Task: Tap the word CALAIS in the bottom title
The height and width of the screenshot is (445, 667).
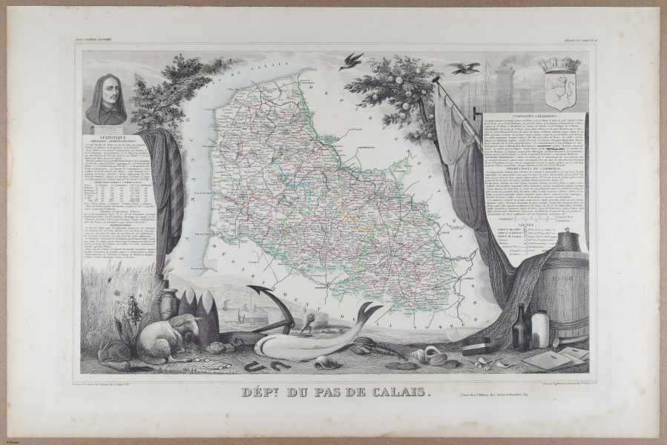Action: point(401,392)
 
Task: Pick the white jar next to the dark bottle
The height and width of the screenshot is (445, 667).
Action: point(540,329)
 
